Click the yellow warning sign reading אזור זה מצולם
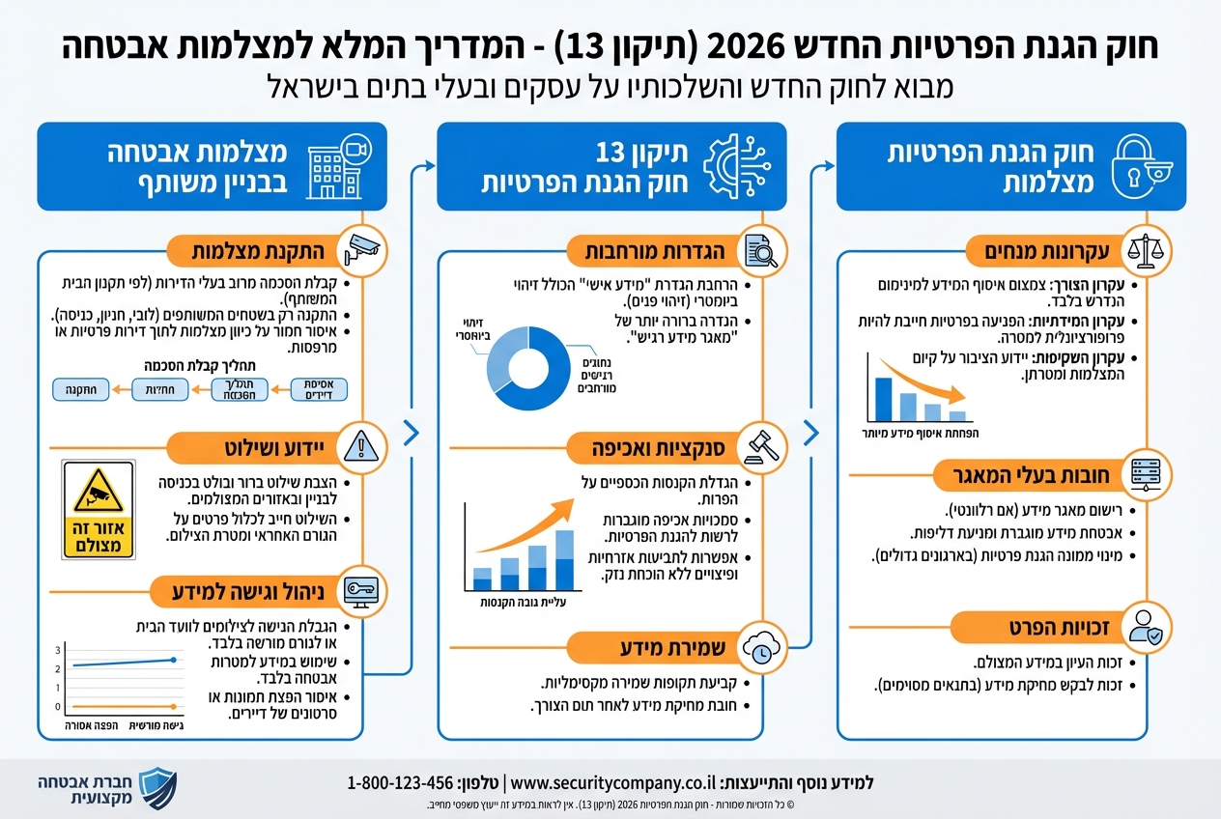pos(98,509)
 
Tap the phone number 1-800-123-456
pos(400,782)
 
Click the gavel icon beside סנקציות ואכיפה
pos(762,446)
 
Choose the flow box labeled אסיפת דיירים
pos(319,389)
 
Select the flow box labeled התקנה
pos(78,389)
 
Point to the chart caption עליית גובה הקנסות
pos(521,603)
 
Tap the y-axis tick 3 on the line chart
pos(58,649)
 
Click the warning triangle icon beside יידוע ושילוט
pos(359,447)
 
